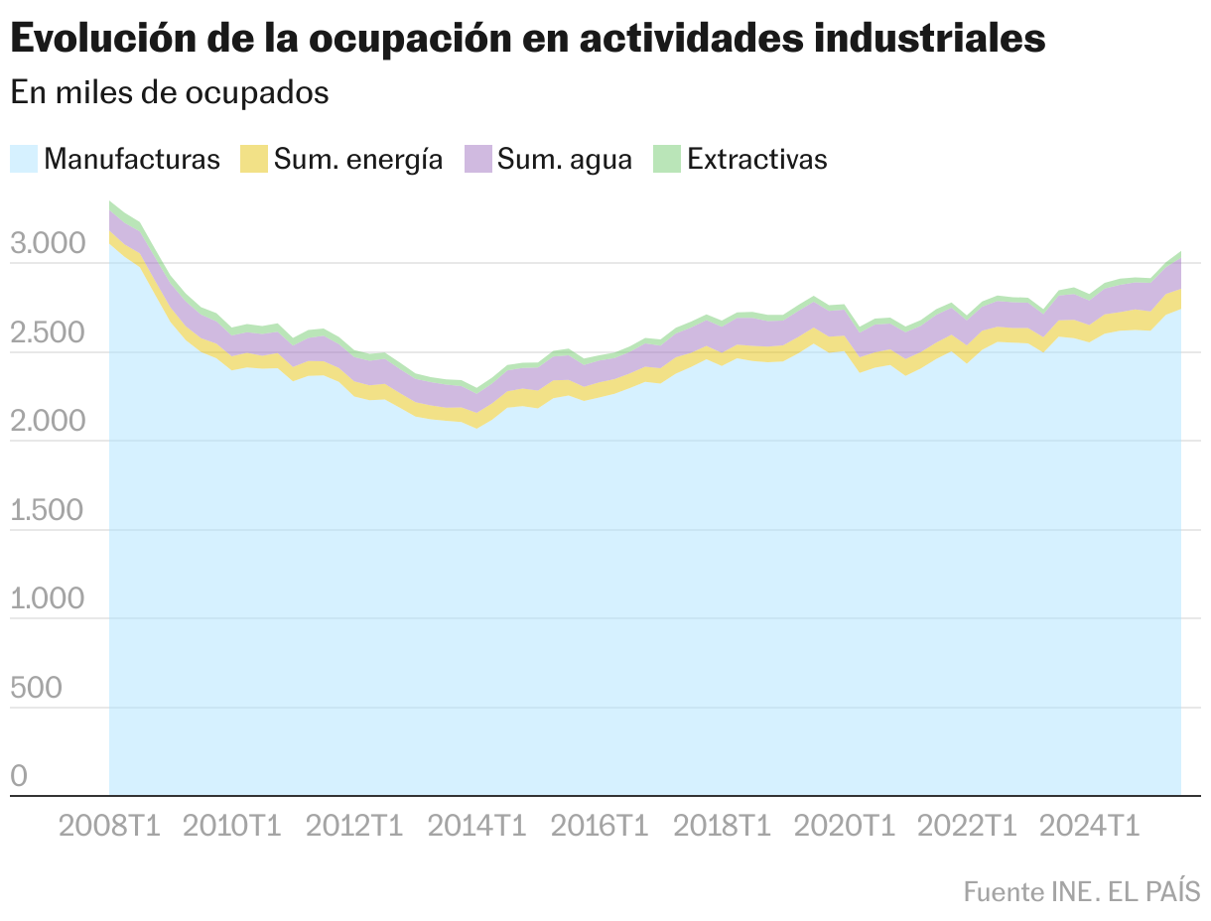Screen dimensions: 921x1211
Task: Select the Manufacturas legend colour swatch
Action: point(24,159)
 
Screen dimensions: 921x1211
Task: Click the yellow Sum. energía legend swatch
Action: point(255,159)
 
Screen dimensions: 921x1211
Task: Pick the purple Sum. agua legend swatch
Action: point(478,159)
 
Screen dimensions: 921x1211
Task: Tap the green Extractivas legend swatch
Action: point(667,159)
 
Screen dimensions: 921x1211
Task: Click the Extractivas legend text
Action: point(756,159)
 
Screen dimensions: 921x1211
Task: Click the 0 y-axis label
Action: point(20,776)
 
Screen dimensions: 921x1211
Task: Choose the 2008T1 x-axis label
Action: point(109,826)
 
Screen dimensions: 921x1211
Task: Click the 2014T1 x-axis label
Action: point(476,826)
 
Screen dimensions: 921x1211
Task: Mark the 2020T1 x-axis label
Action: point(845,826)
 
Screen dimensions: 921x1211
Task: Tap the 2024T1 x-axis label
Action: point(1089,826)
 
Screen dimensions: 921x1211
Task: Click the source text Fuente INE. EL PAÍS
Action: point(1081,890)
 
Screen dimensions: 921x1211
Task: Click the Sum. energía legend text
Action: point(358,159)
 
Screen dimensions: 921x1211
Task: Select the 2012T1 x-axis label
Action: point(354,826)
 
